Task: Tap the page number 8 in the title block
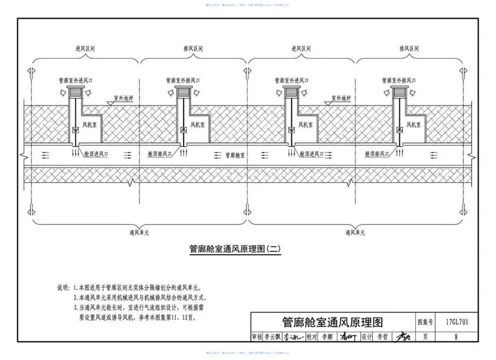tap(456, 338)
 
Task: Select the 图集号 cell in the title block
tap(424, 323)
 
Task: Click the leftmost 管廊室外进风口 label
tap(76, 80)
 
